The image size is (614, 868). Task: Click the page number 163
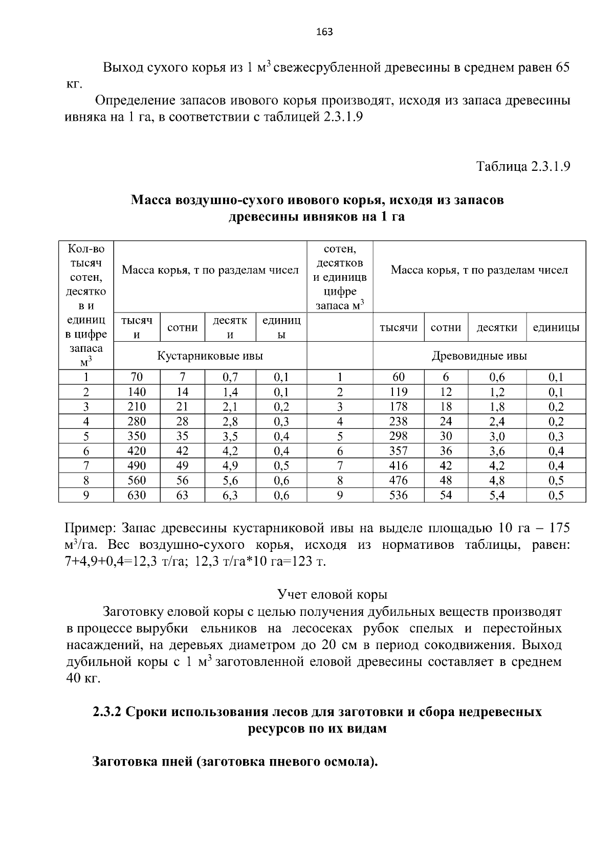(x=324, y=32)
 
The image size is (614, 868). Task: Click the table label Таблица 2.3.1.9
(x=523, y=167)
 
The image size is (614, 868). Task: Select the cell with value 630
(x=137, y=495)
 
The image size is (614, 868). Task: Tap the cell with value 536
(x=398, y=495)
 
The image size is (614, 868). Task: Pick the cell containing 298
(x=398, y=436)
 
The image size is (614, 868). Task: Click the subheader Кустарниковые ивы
(x=210, y=355)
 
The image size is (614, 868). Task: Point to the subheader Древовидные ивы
(x=479, y=355)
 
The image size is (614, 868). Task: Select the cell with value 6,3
(x=230, y=495)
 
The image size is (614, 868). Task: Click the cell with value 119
(x=398, y=392)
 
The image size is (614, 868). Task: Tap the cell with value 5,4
(x=497, y=495)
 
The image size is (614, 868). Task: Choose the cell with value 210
(x=137, y=407)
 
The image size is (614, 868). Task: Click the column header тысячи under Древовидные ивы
(x=398, y=328)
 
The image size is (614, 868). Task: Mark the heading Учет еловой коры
(x=332, y=594)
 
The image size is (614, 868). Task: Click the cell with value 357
(x=398, y=451)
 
